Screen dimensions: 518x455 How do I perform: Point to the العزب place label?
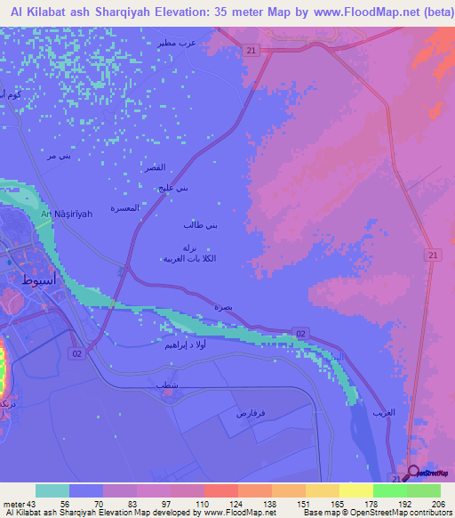[x=384, y=412]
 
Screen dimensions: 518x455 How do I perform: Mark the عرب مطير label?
[x=201, y=42]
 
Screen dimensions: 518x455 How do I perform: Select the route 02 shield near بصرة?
[x=301, y=333]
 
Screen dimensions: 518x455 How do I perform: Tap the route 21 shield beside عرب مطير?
[x=252, y=52]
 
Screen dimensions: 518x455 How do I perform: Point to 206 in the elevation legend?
[x=436, y=504]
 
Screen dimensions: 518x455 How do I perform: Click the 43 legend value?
[x=34, y=504]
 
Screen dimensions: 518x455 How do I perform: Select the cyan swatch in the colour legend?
[x=52, y=490]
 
